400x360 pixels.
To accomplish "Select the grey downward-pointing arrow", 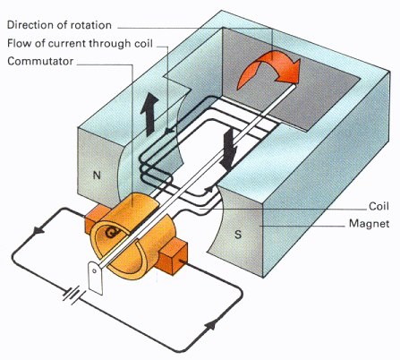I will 230,147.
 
